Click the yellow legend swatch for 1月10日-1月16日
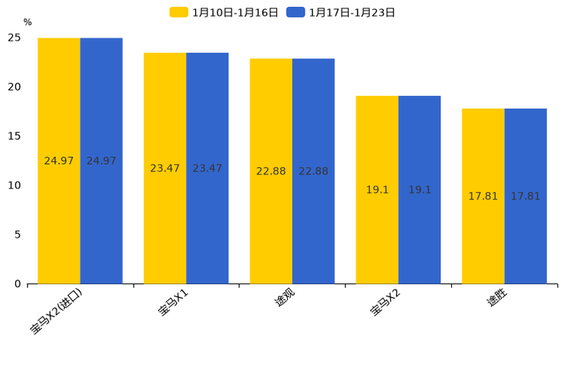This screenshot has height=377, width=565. (179, 12)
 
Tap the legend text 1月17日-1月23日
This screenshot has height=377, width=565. (352, 12)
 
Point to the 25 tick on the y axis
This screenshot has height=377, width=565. (14, 37)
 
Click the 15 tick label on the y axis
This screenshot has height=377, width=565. (14, 136)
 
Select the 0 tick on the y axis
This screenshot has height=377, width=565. (17, 284)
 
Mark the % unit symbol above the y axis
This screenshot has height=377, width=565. (27, 22)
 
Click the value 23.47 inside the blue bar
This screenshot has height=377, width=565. (207, 168)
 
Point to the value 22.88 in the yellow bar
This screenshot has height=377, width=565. (271, 171)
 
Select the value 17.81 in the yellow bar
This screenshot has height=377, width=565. (483, 196)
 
